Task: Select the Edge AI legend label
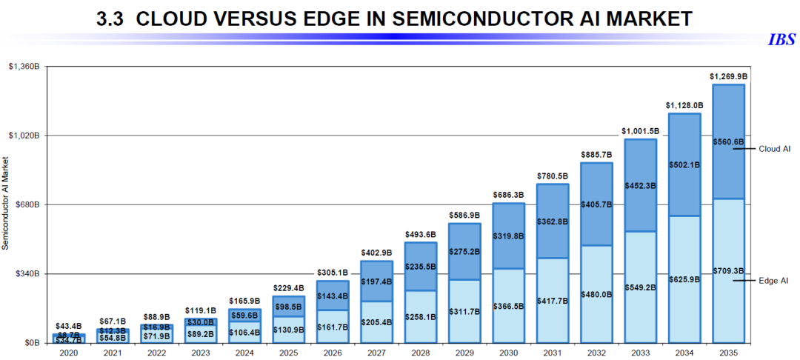773,281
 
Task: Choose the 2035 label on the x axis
728,353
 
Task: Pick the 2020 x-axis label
68,353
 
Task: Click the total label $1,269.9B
728,76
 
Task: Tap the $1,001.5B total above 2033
640,131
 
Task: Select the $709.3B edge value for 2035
728,271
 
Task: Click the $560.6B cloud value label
728,141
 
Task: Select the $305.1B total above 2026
332,272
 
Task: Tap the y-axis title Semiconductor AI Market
6,204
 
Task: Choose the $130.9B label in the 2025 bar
288,330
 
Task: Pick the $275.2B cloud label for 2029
464,251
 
